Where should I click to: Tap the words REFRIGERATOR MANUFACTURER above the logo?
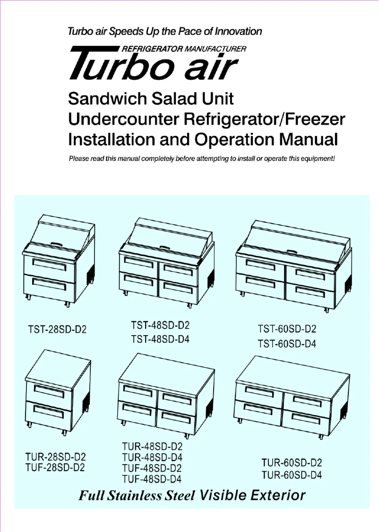(x=184, y=49)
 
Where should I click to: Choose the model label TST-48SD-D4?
(x=160, y=339)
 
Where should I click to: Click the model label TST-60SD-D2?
(x=287, y=329)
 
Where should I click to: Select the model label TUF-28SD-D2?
(x=55, y=468)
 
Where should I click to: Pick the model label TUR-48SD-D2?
(x=152, y=446)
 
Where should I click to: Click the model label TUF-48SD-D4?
(x=152, y=479)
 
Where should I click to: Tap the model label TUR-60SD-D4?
(x=292, y=475)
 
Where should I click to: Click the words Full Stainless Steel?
(x=137, y=496)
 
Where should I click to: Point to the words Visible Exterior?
(x=253, y=496)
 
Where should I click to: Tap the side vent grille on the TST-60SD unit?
(x=348, y=283)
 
